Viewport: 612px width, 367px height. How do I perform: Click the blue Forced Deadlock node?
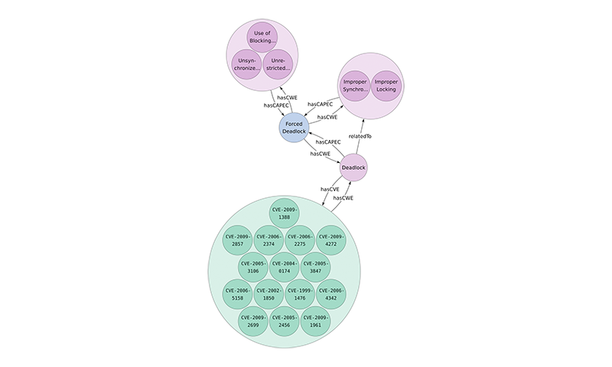(x=294, y=128)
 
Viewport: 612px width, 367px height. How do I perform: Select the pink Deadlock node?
(x=353, y=167)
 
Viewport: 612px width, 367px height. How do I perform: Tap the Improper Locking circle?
(x=386, y=86)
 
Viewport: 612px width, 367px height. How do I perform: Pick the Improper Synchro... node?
(x=355, y=86)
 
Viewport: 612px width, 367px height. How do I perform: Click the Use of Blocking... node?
(x=262, y=37)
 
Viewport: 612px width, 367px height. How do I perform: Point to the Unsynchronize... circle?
(x=246, y=64)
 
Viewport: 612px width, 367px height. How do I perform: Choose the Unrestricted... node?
(x=278, y=64)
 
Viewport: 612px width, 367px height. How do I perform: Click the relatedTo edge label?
(x=360, y=137)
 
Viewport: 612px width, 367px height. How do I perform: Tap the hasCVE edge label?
(x=330, y=189)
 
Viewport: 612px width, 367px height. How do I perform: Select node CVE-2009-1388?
(x=284, y=213)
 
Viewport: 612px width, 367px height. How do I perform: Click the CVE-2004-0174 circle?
(x=284, y=267)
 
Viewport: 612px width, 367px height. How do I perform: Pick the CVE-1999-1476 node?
(x=300, y=294)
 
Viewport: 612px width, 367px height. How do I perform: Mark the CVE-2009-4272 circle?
(x=331, y=240)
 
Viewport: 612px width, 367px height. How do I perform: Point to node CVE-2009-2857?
(x=237, y=240)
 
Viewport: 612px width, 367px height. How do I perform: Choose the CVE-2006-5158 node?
(x=237, y=294)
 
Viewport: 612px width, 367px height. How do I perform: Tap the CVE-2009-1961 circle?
(x=315, y=321)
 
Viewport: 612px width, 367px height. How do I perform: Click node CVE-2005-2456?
(x=284, y=321)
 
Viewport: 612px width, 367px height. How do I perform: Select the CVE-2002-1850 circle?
(x=269, y=294)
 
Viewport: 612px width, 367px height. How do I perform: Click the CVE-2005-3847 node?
(x=315, y=267)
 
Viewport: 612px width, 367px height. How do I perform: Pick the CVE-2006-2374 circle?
(x=269, y=240)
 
